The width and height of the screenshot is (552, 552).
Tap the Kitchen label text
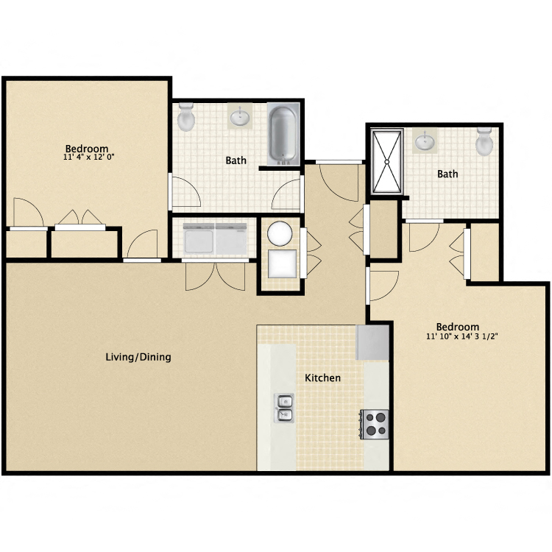[x=323, y=378]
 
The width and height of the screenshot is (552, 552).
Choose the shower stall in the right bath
[x=386, y=161]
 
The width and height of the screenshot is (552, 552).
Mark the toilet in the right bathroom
[x=484, y=141]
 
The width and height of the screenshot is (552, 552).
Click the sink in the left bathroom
[x=241, y=116]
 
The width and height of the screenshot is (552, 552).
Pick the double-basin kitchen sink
[x=285, y=408]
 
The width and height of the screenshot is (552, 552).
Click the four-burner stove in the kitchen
[x=375, y=424]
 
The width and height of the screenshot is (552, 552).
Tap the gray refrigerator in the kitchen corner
[x=372, y=342]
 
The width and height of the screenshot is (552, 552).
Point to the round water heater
[x=280, y=234]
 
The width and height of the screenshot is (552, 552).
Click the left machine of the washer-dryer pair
[x=199, y=239]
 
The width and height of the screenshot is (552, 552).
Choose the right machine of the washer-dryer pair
[x=231, y=239]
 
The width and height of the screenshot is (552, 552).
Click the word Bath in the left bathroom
[x=236, y=160]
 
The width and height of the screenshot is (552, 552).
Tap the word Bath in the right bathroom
[x=447, y=174]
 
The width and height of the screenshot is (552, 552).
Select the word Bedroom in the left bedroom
[x=86, y=147]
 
